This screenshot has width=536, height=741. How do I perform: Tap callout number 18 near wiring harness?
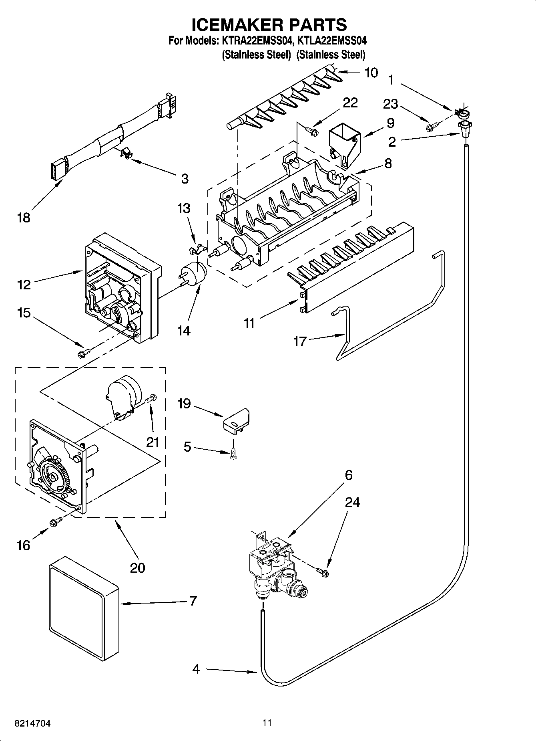[x=24, y=218]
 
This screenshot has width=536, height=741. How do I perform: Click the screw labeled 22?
[x=312, y=130]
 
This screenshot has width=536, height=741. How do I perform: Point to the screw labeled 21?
[x=152, y=398]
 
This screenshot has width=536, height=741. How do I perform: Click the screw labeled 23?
[x=432, y=127]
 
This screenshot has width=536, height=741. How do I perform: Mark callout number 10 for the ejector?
[x=371, y=73]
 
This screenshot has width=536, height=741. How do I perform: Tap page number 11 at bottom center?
[x=267, y=723]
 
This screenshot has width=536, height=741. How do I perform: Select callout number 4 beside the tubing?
[x=196, y=669]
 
